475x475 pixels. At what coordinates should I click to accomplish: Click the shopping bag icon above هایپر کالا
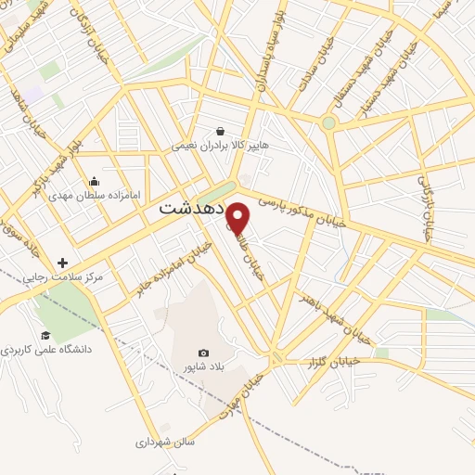(220, 131)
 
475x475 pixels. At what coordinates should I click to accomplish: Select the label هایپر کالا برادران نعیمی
(219, 146)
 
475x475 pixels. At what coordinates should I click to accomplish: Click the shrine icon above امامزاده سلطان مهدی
(94, 181)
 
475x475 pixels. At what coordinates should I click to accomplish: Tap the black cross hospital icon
(62, 263)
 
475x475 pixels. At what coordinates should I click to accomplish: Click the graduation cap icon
(45, 336)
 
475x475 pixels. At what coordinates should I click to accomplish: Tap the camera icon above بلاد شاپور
(203, 353)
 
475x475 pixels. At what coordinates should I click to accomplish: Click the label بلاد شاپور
(203, 368)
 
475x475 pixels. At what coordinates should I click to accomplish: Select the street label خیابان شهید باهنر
(334, 315)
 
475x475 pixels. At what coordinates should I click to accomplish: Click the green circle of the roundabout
(328, 122)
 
